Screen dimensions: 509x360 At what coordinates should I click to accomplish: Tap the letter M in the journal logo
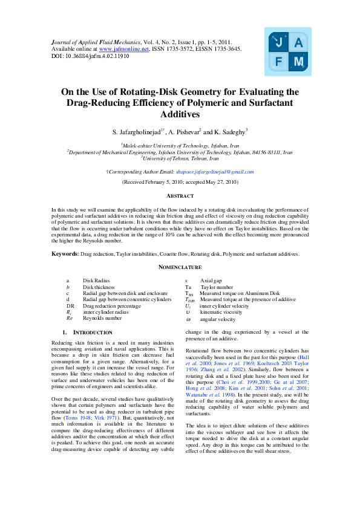299,62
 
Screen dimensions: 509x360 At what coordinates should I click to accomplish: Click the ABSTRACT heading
180,196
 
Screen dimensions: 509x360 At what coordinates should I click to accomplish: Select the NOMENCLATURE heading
180,267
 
